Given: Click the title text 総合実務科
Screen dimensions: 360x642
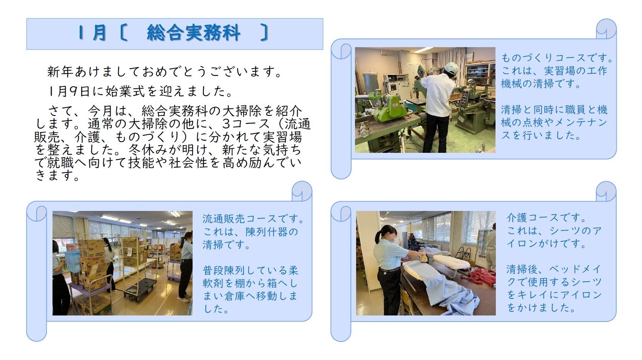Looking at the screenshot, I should (x=193, y=33).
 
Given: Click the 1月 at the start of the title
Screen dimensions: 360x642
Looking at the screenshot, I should (x=92, y=33).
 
